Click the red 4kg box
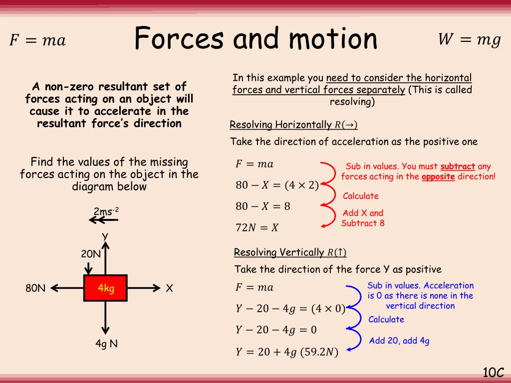point(105,288)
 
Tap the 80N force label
point(35,288)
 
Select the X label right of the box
point(170,288)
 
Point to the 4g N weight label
point(106,344)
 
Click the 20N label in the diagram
point(91,254)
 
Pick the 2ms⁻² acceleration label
point(106,211)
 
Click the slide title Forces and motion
point(256,39)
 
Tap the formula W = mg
point(469,40)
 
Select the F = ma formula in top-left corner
point(37,40)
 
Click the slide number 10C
point(493,372)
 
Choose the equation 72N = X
point(257,228)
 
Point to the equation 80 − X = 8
point(263,206)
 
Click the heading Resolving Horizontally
point(293,125)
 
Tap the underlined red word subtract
point(458,167)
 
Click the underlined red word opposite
point(438,177)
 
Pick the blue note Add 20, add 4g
point(399,341)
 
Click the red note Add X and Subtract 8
point(363,218)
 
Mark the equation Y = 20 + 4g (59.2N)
point(286,352)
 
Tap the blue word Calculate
point(386,320)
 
